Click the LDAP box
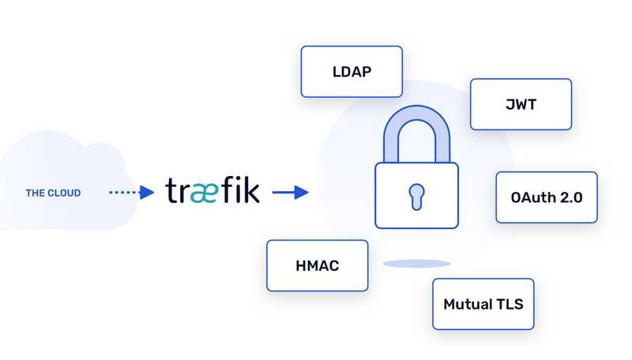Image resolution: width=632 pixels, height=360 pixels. [x=352, y=72]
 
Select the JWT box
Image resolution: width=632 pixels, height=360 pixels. [x=521, y=104]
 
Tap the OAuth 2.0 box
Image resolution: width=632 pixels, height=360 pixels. [x=547, y=197]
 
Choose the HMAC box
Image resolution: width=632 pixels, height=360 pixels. [x=318, y=266]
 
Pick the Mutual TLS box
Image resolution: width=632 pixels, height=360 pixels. [x=483, y=304]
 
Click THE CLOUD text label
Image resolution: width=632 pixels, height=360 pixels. [x=53, y=193]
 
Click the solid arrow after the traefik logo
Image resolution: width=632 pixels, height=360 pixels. [x=290, y=192]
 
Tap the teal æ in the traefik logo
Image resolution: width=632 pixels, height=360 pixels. [x=203, y=192]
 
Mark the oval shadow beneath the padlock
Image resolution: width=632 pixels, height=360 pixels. [x=416, y=263]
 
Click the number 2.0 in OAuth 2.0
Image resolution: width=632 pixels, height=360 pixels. [x=568, y=197]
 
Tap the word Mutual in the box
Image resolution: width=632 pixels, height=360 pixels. [x=466, y=304]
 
